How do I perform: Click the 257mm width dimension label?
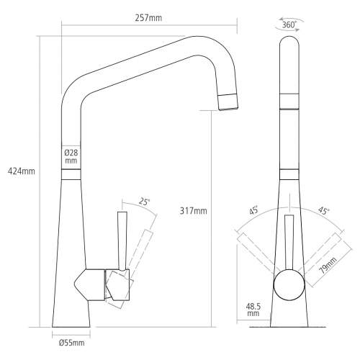(148, 18)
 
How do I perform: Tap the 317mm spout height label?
(192, 210)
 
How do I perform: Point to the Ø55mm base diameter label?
(71, 343)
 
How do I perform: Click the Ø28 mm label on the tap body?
(71, 157)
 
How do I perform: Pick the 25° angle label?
(145, 204)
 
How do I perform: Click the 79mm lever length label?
(329, 266)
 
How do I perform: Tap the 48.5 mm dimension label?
(253, 310)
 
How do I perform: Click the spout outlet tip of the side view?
(228, 102)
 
